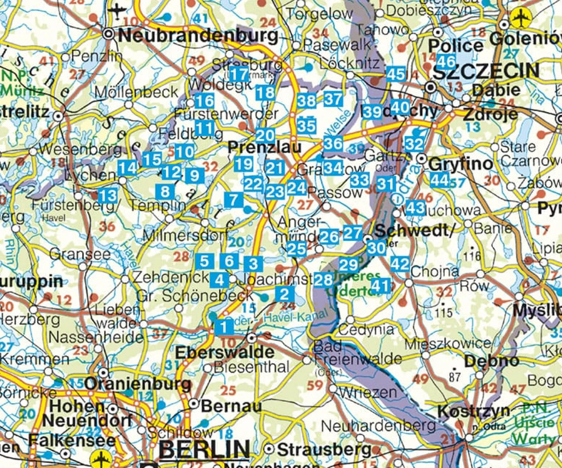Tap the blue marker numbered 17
[239, 74]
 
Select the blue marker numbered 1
[224, 327]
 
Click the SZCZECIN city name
[486, 71]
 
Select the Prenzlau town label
[264, 147]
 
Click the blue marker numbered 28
[323, 280]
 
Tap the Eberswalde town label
[225, 352]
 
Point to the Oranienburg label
[138, 384]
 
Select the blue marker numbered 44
[439, 180]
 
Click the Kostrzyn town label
[473, 411]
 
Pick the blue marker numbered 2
[284, 294]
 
